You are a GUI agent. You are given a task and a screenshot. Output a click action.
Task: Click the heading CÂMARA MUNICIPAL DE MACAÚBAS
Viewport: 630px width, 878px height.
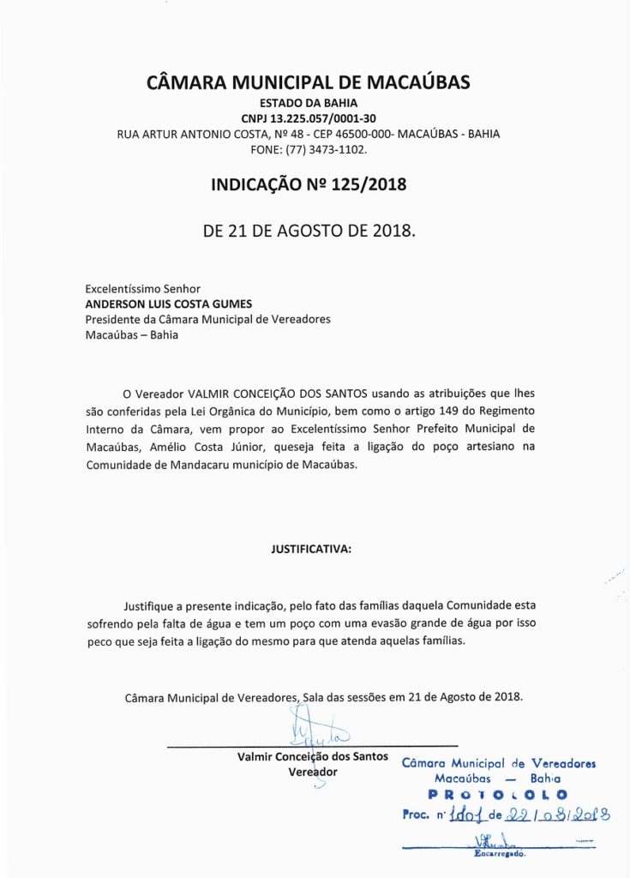pyautogui.click(x=309, y=83)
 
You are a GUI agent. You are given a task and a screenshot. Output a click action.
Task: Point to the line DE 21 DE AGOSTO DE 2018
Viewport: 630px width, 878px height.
pyautogui.click(x=309, y=232)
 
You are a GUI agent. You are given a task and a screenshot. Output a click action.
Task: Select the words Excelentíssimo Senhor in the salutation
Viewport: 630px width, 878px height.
pyautogui.click(x=143, y=289)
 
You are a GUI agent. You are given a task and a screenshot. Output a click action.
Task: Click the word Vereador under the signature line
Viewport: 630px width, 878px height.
pyautogui.click(x=312, y=772)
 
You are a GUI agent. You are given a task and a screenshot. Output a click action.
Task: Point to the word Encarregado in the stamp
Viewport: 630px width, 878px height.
pyautogui.click(x=499, y=854)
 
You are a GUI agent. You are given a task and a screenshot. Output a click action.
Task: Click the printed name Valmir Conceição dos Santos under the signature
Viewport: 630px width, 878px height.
pyautogui.click(x=312, y=757)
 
